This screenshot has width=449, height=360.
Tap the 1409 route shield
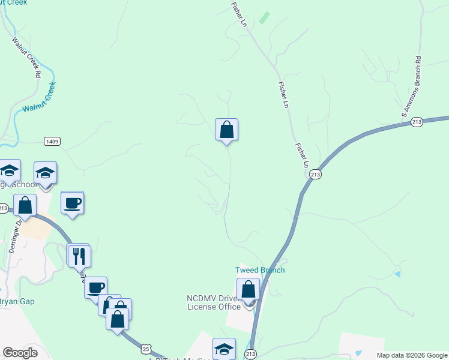tap(51, 141)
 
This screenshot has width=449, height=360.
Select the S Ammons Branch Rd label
tap(412, 87)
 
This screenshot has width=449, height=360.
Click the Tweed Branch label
tap(260, 270)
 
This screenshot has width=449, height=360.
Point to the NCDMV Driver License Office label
tap(214, 302)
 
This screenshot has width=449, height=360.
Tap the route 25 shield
tap(145, 348)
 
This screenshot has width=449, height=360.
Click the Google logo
tap(20, 353)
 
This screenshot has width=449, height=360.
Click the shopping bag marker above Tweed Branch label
tap(248, 290)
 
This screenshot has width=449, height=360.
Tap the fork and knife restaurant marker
tap(79, 256)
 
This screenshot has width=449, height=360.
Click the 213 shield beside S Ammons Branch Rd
tap(418, 122)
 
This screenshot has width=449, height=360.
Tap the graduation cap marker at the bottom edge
tap(224, 349)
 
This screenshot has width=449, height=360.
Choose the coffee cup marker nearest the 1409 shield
tap(72, 203)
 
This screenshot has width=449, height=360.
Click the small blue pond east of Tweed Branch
tap(398, 274)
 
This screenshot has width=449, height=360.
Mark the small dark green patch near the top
tap(264, 18)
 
